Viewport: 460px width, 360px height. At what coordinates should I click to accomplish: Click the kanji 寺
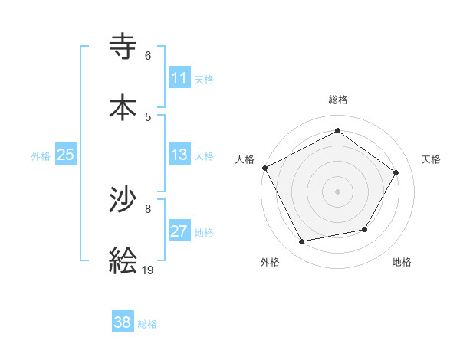click(x=123, y=48)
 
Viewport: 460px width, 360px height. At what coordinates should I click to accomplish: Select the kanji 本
click(x=123, y=107)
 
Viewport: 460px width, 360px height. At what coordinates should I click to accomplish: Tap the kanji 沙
click(x=123, y=201)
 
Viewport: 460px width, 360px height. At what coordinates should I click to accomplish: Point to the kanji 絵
click(x=123, y=260)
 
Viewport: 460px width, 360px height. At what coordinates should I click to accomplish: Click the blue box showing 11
click(x=179, y=78)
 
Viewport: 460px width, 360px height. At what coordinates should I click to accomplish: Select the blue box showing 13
click(x=179, y=155)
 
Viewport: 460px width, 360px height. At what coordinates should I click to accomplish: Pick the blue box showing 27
click(x=179, y=231)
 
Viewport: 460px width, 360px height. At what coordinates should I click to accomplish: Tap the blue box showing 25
click(x=66, y=155)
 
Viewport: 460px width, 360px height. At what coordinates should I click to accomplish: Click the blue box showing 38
click(x=123, y=322)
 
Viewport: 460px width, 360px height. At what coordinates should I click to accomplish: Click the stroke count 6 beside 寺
click(x=148, y=56)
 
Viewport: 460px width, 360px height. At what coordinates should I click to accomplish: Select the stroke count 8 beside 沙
click(x=148, y=208)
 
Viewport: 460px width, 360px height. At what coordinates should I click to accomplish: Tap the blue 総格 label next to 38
click(x=147, y=324)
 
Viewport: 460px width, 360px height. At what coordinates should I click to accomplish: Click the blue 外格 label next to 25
click(x=41, y=156)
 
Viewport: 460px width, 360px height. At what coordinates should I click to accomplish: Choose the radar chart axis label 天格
click(x=432, y=159)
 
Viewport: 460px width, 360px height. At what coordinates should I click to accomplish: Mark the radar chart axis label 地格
click(x=402, y=262)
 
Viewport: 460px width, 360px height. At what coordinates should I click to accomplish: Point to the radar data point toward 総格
click(x=337, y=131)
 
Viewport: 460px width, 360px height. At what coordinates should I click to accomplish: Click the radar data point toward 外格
click(x=302, y=242)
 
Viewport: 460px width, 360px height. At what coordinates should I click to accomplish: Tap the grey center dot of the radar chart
click(x=337, y=191)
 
